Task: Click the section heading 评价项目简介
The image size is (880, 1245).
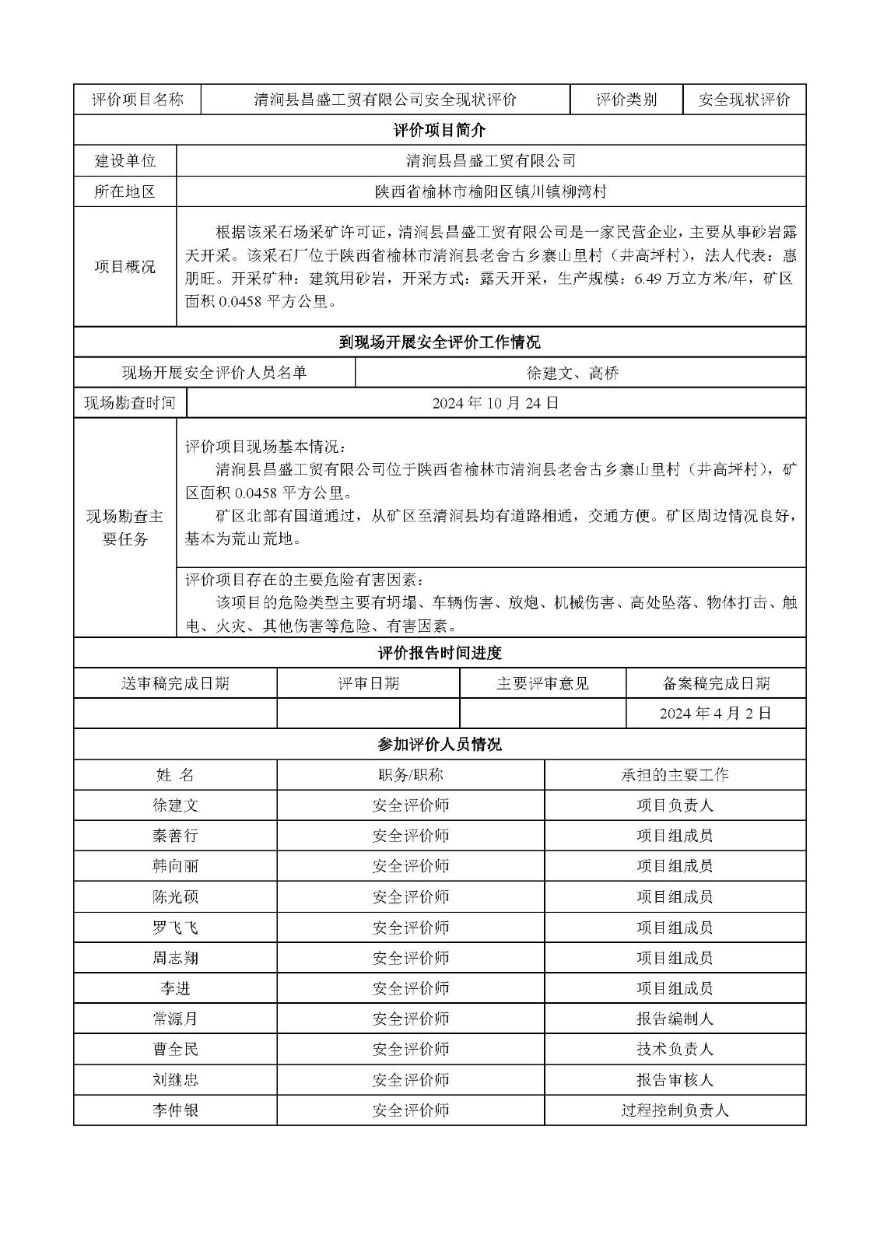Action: tap(440, 130)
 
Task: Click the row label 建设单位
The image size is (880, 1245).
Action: tap(125, 160)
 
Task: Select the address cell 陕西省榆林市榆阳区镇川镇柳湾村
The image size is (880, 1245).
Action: tap(490, 191)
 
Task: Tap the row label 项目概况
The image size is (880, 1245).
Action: tap(125, 266)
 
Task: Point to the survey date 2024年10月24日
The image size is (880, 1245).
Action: tap(496, 403)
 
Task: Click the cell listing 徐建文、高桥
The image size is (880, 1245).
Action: tap(573, 373)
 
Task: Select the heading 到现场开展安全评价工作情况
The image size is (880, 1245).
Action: tap(440, 342)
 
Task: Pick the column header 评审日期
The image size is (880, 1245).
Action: tap(368, 683)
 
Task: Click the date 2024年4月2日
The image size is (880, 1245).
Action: tap(715, 714)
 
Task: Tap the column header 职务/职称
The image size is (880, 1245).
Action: tap(410, 775)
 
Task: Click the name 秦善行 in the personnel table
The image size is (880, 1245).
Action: tap(175, 836)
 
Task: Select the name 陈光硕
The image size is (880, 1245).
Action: tap(175, 896)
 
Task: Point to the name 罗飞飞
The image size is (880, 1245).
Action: tap(175, 928)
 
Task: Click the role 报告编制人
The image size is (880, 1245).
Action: tap(675, 1019)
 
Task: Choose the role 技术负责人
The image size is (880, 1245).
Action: tap(675, 1049)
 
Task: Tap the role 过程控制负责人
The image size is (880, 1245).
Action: tap(675, 1110)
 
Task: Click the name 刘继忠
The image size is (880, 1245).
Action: tap(175, 1080)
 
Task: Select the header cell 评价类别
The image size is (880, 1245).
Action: tap(626, 100)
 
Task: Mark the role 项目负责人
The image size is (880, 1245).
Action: tap(675, 805)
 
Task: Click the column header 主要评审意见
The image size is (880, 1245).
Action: tap(542, 683)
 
